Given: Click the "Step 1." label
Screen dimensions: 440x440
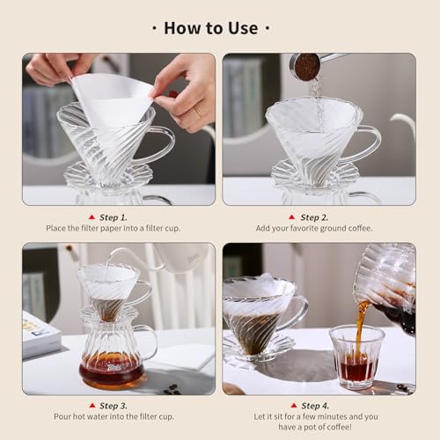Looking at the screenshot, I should pos(112,216).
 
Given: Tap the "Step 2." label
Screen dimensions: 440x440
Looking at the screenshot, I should pos(314,216).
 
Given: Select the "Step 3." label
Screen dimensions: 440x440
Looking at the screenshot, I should pos(112,407).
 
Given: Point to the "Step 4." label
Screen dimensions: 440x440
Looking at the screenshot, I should pos(314,407).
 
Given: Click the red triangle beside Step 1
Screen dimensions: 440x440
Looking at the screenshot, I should pos(91,216).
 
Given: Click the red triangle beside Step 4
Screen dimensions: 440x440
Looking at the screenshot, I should pos(293,407).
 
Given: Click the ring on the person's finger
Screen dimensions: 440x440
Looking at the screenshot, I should pos(198,112).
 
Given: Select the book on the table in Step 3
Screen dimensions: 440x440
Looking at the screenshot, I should pos(40,334).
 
